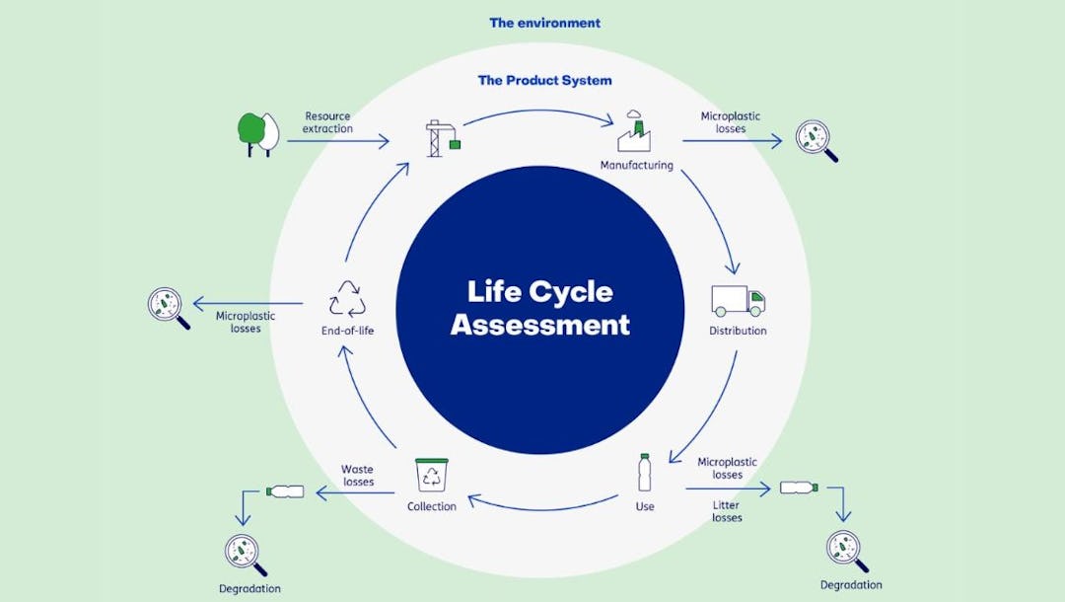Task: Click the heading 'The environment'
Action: point(544,23)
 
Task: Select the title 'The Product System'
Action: point(544,80)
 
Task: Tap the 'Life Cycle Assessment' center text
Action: point(539,308)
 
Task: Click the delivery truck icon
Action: point(738,300)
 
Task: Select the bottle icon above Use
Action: point(645,473)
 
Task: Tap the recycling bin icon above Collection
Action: point(431,475)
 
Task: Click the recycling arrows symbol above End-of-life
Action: point(347,298)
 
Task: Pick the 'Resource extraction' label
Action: point(327,122)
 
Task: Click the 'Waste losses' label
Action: point(358,476)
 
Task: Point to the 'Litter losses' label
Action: point(727,511)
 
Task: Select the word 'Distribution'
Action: point(738,331)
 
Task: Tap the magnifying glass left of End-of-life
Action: point(169,307)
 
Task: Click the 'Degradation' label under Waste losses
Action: point(249,589)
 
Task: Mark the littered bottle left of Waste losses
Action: point(285,490)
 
